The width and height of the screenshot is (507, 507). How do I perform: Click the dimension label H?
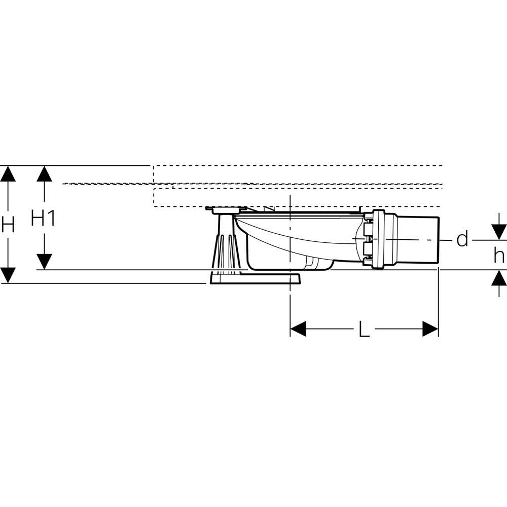(x=7, y=224)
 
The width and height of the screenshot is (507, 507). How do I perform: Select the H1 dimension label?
(x=43, y=219)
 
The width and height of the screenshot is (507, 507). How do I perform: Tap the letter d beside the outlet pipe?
(x=462, y=239)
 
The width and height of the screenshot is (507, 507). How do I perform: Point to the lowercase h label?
(x=499, y=256)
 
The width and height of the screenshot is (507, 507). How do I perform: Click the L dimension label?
(x=364, y=331)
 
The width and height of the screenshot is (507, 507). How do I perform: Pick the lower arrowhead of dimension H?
(x=7, y=275)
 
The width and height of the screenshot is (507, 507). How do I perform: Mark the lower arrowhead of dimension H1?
(x=45, y=261)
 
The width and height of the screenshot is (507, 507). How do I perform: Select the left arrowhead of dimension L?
(x=298, y=329)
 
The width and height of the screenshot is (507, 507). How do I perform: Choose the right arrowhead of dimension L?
(x=430, y=329)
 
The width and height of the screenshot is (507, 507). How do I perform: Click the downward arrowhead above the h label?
(x=499, y=232)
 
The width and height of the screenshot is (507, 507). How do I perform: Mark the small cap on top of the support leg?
(x=226, y=209)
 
